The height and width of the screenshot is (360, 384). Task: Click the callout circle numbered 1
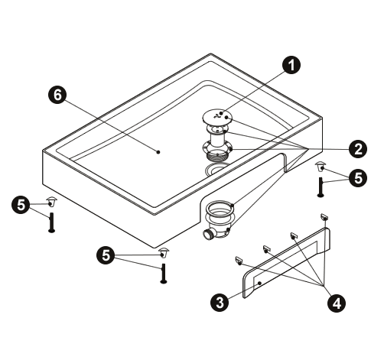(291, 65)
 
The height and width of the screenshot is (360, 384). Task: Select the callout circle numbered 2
(358, 149)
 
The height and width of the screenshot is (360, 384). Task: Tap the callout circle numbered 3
(220, 303)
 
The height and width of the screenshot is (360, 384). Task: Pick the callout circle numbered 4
(337, 303)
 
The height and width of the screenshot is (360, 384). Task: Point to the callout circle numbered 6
(57, 96)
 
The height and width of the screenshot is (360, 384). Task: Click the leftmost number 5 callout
(21, 205)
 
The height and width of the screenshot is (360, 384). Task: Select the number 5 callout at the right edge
(358, 177)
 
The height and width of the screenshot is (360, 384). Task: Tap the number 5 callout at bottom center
(106, 255)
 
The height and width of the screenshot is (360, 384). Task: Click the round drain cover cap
(217, 118)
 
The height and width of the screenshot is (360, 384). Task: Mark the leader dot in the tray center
(158, 152)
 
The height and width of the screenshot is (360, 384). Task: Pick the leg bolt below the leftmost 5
(52, 222)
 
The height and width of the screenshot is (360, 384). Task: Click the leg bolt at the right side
(321, 187)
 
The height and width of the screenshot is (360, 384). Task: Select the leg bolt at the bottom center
(164, 274)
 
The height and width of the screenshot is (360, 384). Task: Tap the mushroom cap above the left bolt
(52, 201)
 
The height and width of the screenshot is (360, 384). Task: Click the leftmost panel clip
(239, 260)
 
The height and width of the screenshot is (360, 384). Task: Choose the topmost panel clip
(324, 216)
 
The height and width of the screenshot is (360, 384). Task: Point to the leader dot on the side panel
(259, 283)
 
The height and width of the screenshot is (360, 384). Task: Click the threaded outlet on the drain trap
(207, 234)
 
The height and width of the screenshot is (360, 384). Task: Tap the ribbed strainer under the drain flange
(217, 155)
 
